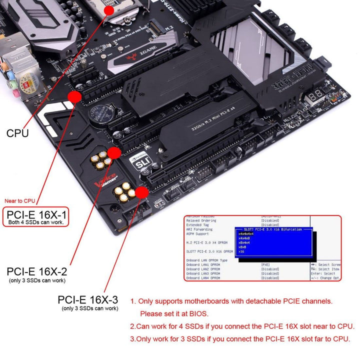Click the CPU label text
coord(17,133)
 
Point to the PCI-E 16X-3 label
coord(88,299)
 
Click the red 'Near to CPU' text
coord(19,201)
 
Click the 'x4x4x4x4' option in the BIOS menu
coord(246,233)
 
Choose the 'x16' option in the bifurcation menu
coord(241,251)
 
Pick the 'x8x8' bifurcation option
coord(243,247)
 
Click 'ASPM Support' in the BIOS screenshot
coord(198,233)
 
